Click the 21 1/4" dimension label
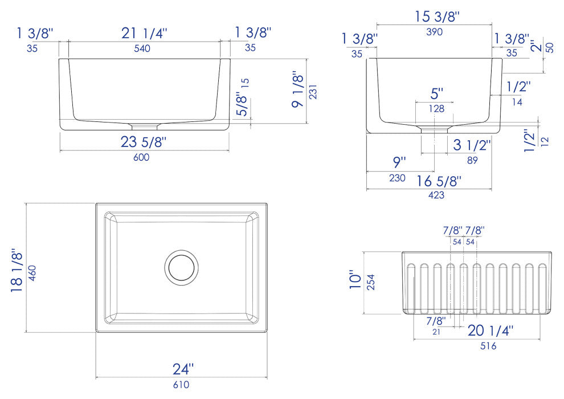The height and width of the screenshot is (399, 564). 144,33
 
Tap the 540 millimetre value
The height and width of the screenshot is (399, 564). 142,48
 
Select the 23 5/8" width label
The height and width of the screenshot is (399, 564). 144,142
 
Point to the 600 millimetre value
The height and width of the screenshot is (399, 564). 141,157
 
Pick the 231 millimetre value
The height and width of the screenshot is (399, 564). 313,92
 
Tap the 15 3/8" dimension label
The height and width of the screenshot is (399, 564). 437,17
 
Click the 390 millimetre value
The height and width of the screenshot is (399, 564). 434,32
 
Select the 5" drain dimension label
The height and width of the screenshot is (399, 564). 436,93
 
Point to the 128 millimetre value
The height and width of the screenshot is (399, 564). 436,109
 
